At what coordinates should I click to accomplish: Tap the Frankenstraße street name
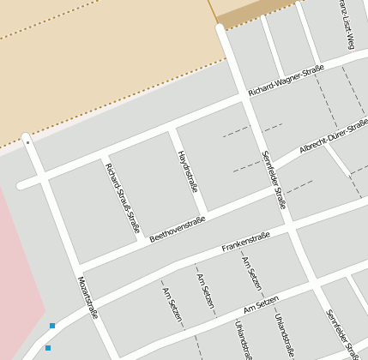click(x=246, y=243)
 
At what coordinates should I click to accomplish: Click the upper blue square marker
click(x=52, y=326)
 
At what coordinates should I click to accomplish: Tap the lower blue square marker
click(x=48, y=348)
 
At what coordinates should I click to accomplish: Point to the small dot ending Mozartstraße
click(x=27, y=142)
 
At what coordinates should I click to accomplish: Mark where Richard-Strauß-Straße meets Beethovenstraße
click(x=144, y=237)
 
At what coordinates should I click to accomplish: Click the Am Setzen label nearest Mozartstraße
click(x=172, y=305)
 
